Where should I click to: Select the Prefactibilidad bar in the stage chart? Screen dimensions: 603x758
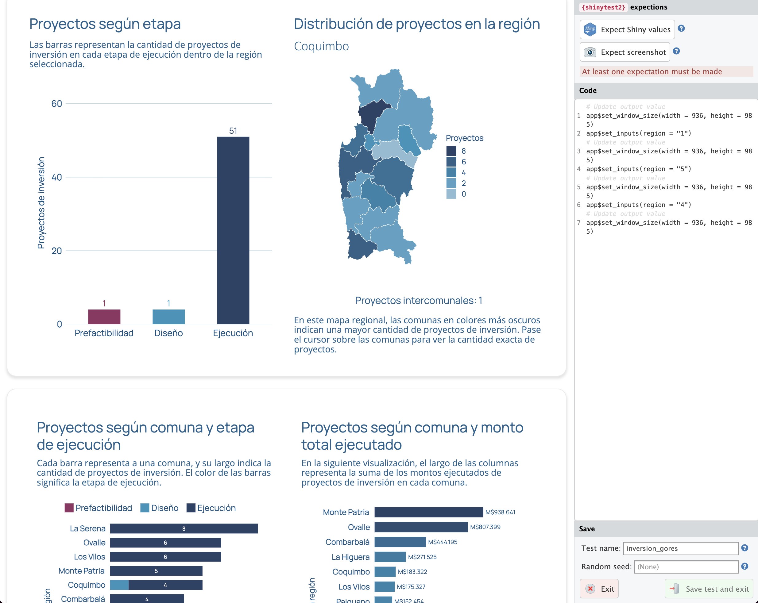coord(104,317)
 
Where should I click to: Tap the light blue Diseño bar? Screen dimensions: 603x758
coord(168,317)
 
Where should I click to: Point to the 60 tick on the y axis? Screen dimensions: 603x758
coord(56,104)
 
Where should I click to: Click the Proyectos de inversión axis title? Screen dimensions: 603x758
coord(41,203)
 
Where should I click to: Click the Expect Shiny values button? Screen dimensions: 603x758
coord(627,29)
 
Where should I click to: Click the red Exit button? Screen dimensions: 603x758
coord(599,589)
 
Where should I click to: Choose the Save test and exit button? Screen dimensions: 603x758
coord(709,589)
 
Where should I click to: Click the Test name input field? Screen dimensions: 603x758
coord(680,548)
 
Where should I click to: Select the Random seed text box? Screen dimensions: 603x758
coord(686,567)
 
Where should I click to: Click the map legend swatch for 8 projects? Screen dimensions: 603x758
coord(451,151)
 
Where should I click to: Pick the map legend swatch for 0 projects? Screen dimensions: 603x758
coord(451,194)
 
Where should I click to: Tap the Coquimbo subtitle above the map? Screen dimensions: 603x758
coord(321,46)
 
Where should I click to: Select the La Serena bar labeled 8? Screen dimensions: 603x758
coord(184,528)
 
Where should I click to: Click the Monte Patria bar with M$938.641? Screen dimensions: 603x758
coord(429,512)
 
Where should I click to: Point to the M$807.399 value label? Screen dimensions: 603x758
coord(485,527)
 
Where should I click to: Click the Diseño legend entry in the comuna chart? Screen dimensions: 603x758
coord(159,508)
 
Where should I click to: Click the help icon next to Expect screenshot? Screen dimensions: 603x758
coord(676,51)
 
